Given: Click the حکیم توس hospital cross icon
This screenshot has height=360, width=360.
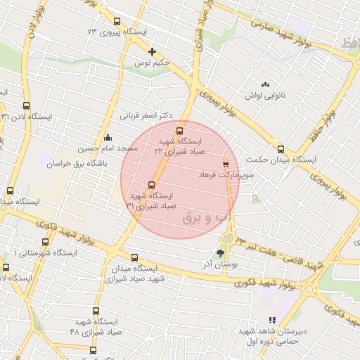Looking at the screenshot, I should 152,51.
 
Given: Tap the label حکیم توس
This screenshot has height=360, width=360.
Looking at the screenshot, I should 154,63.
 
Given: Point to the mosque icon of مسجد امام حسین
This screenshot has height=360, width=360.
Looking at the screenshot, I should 107,137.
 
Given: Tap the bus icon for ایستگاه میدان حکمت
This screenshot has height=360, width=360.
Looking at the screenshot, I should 281,148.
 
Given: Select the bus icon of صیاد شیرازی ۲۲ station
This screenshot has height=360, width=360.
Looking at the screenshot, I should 179,130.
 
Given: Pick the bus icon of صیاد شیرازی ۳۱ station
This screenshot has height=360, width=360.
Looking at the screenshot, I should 152,185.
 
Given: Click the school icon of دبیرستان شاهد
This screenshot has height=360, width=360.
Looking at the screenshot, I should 272,321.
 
